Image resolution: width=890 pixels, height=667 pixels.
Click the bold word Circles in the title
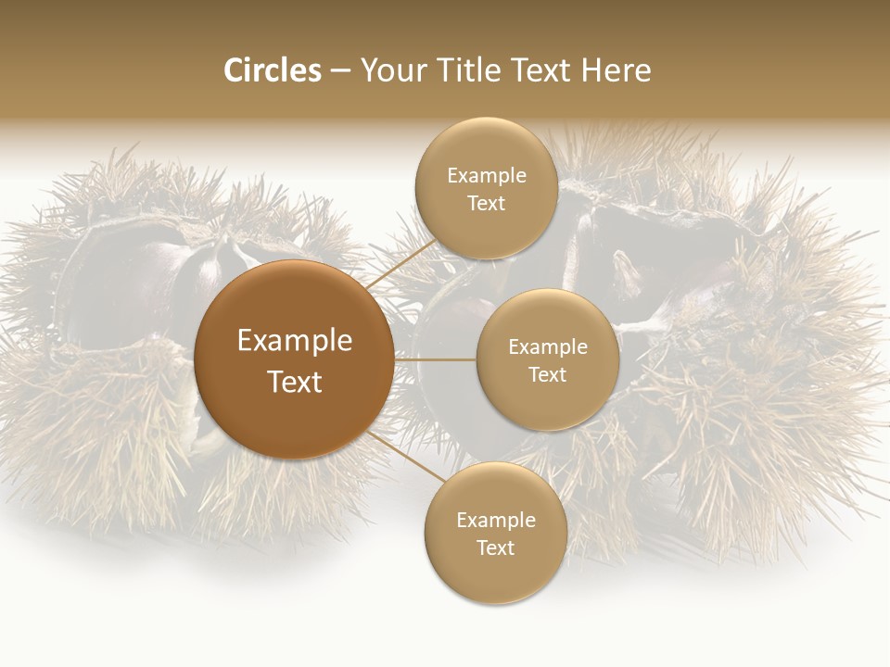(273, 70)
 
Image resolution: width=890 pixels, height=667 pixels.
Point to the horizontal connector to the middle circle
(436, 359)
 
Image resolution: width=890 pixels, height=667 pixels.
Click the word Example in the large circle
(295, 341)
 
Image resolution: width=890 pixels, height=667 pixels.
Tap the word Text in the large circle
(295, 382)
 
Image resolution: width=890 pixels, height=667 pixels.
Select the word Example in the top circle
(487, 176)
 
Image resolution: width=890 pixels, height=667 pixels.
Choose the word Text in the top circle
(486, 204)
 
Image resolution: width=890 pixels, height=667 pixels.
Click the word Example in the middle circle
(548, 347)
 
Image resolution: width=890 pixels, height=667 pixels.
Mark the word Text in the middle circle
(548, 374)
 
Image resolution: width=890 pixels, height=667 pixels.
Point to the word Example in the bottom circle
(496, 521)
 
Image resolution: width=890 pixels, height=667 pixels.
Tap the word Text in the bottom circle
(495, 547)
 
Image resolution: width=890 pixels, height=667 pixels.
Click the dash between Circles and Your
(340, 71)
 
